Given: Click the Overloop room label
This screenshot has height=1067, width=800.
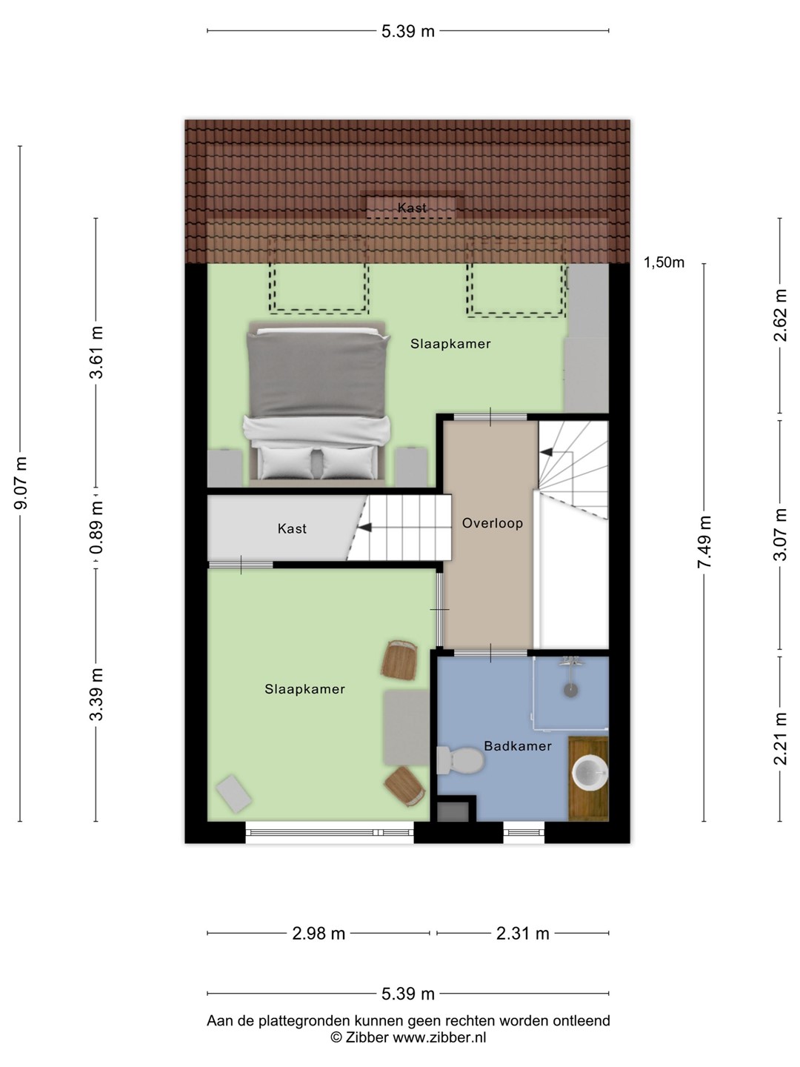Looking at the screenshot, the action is (x=492, y=523).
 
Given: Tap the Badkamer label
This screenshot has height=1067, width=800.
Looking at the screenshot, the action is (x=518, y=745).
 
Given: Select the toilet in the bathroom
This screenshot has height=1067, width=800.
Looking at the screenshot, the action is (x=459, y=760).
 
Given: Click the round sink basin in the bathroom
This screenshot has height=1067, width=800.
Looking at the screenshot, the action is (x=590, y=772).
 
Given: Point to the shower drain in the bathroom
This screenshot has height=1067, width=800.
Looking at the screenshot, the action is (x=570, y=691).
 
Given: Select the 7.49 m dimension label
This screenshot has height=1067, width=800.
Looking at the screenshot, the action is (x=704, y=542).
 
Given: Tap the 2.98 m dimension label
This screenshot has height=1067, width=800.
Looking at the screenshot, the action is (x=319, y=934).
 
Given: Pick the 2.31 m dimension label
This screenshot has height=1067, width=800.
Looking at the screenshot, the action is (x=523, y=934).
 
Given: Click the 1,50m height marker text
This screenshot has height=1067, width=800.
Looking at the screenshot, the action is (x=664, y=262).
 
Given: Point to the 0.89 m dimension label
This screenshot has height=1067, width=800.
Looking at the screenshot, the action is (x=96, y=528).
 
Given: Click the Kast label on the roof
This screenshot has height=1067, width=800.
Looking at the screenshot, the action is (x=412, y=208).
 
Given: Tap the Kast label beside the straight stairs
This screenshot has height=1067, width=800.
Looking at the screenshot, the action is (x=292, y=528).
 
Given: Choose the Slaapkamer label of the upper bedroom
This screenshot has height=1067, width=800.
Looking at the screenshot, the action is (x=450, y=344).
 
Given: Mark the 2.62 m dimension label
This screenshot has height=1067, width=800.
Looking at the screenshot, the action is (x=780, y=316).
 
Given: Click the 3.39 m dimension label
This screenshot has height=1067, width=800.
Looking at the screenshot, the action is (x=96, y=694).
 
